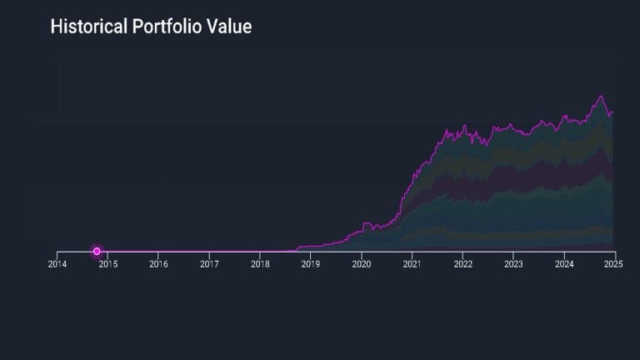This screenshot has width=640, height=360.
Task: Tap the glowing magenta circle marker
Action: click(x=97, y=251)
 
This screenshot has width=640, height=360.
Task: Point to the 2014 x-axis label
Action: click(x=57, y=264)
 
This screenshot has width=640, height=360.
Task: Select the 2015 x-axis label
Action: click(x=107, y=264)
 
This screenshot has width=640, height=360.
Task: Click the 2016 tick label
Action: click(x=158, y=264)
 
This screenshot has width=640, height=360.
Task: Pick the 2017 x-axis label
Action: click(x=209, y=264)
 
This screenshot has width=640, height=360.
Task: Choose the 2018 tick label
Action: click(x=260, y=264)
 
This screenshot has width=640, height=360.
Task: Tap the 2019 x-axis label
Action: click(x=311, y=264)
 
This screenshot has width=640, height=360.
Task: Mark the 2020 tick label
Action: click(x=362, y=264)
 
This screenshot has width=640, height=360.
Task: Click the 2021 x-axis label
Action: click(x=412, y=264)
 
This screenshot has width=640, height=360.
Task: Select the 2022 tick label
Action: click(x=462, y=264)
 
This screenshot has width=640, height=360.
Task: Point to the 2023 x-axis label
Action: click(x=513, y=264)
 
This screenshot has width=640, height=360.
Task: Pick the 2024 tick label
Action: click(x=564, y=264)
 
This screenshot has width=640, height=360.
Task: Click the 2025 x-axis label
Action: click(x=615, y=264)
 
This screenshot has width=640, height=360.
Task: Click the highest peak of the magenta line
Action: click(x=600, y=96)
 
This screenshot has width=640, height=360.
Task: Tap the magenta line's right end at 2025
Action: click(x=613, y=112)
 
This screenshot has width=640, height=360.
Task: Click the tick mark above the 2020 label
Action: click(x=362, y=253)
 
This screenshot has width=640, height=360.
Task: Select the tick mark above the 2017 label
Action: click(x=209, y=253)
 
